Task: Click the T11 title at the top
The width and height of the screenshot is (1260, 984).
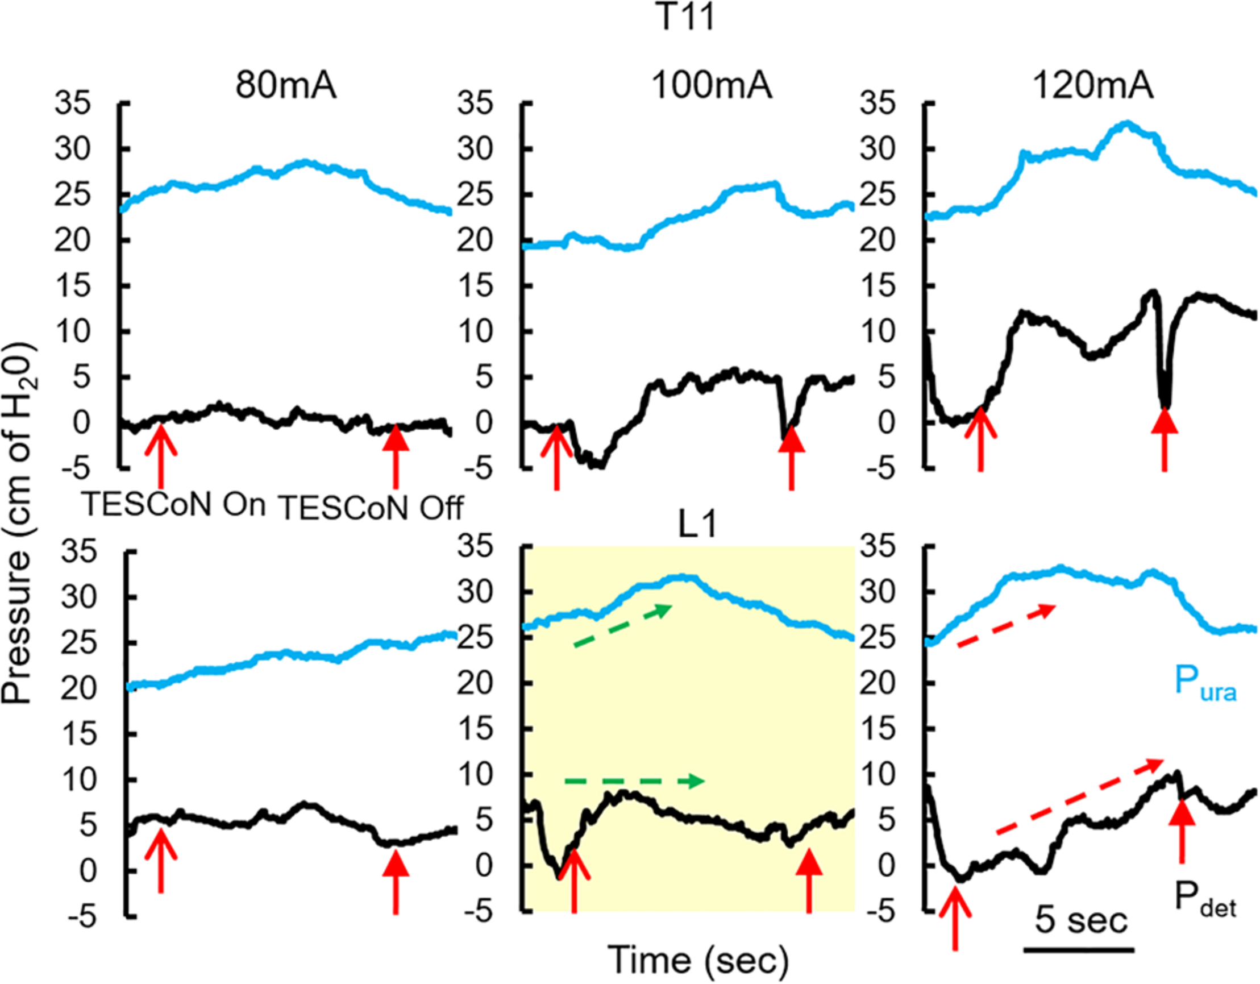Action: point(685,17)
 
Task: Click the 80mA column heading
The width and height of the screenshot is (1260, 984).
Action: point(285,86)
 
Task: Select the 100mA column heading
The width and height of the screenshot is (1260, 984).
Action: point(712,86)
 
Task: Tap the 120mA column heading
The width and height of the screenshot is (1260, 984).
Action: point(1093,86)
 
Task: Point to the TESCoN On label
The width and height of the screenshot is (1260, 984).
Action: point(175,504)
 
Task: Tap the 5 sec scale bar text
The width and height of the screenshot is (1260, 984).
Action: point(1080,920)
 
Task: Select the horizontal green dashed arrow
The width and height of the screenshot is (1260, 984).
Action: point(634,782)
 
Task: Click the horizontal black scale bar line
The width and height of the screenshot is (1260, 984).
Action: point(1079,948)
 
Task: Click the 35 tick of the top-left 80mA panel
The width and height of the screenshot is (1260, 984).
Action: point(73,104)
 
